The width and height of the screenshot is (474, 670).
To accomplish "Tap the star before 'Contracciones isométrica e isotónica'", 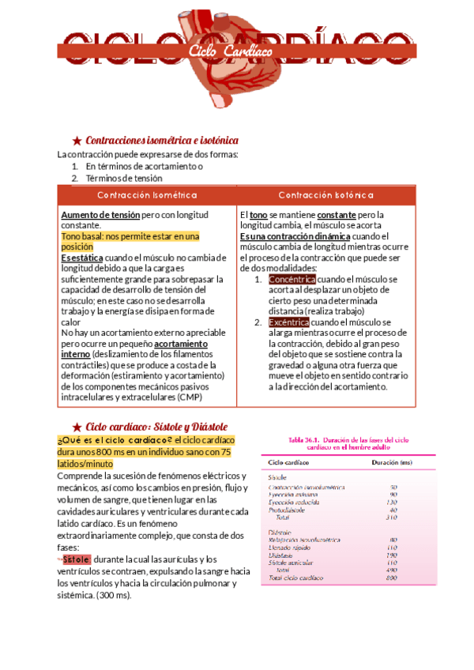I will (77, 140).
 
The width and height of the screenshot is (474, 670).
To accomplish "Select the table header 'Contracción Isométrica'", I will (147, 195).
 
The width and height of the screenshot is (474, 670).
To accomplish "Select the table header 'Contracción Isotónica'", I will (326, 195).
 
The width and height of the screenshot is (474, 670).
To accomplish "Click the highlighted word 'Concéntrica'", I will (292, 280).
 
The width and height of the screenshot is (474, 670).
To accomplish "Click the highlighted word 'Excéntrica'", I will (289, 322).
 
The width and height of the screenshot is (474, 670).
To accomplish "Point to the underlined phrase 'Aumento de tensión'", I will (100, 215).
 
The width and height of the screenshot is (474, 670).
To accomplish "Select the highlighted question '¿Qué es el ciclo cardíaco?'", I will (115, 440).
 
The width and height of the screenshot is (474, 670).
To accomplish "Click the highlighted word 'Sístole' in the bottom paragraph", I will (77, 559).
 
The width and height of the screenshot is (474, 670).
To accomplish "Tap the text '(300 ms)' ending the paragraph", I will (114, 595).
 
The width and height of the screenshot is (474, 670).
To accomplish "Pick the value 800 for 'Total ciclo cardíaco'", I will (392, 578).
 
